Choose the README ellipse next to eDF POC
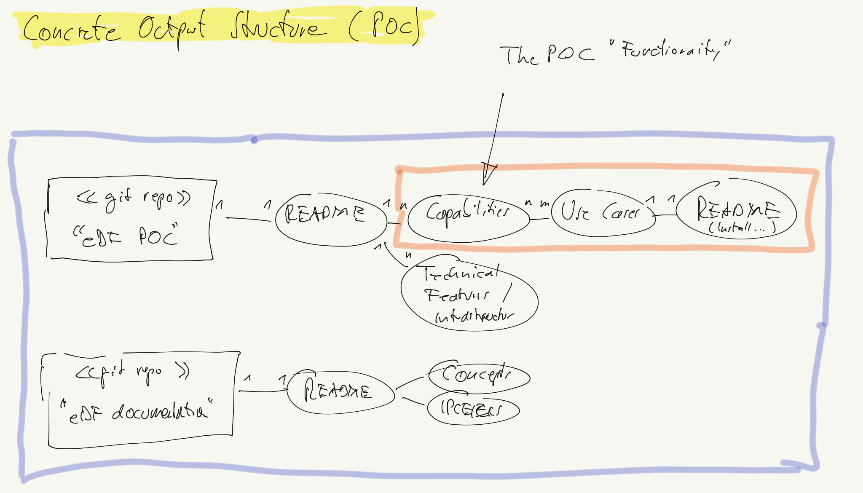click(x=331, y=219)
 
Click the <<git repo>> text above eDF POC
click(x=133, y=198)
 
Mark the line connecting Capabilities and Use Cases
click(x=540, y=219)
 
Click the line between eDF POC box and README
click(x=249, y=219)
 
